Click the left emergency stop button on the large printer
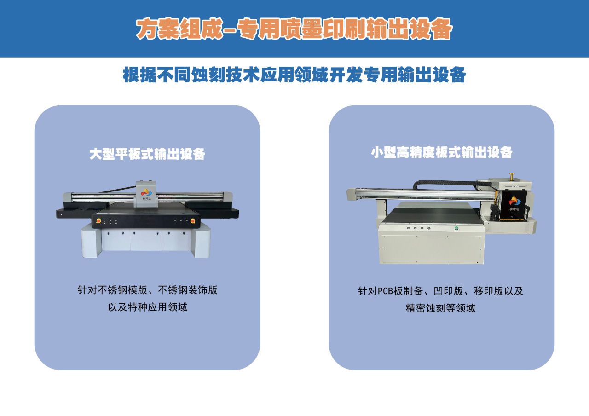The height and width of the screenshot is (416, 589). point(98,220)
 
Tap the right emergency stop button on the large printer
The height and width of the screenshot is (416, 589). point(193,220)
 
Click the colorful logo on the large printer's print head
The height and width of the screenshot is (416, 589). point(146,193)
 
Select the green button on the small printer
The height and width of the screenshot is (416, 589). point(456,228)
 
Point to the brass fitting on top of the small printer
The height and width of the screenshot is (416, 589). point(512,177)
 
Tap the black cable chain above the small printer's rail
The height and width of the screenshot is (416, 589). point(447,183)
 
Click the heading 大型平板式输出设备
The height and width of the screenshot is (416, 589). point(147,154)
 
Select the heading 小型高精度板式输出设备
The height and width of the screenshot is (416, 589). point(441,152)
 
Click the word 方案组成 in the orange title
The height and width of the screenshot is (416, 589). point(179,29)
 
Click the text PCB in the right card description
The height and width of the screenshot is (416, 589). point(386,291)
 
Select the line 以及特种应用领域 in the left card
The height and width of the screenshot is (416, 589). point(148,307)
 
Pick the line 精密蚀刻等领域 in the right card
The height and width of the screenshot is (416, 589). point(440,308)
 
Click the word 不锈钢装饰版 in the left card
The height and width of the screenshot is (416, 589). point(187,290)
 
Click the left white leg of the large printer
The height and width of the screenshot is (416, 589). point(91,241)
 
